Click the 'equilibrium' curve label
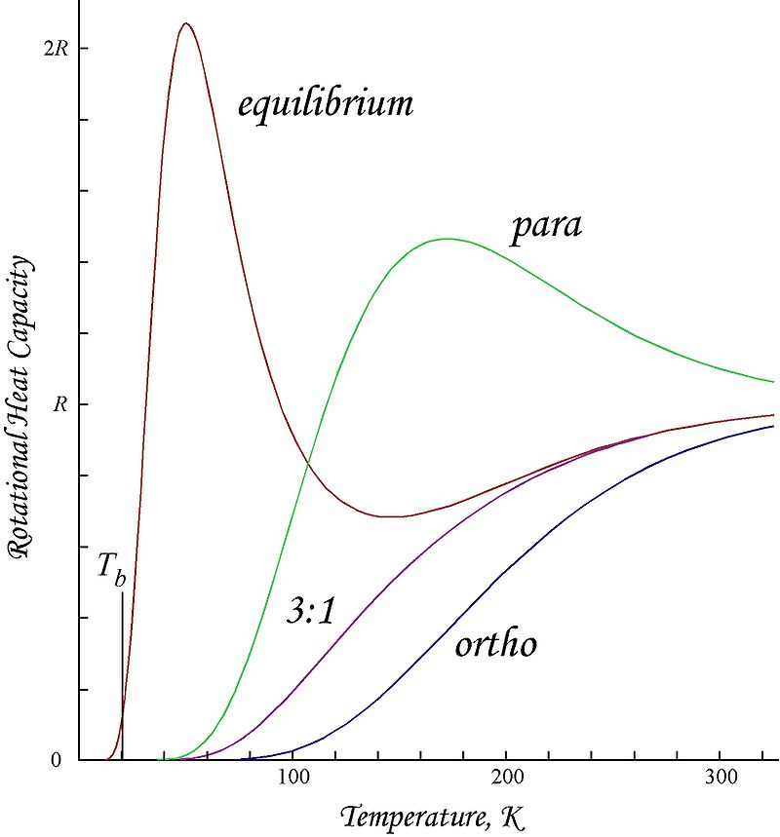[326, 104]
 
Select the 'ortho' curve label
[495, 643]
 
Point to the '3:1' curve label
[311, 610]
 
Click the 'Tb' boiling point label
[110, 569]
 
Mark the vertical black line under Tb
[122, 672]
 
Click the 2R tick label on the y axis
[57, 49]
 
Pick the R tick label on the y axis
[60, 404]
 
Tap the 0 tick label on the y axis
[58, 760]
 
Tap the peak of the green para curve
[447, 239]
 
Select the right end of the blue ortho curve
[773, 426]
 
